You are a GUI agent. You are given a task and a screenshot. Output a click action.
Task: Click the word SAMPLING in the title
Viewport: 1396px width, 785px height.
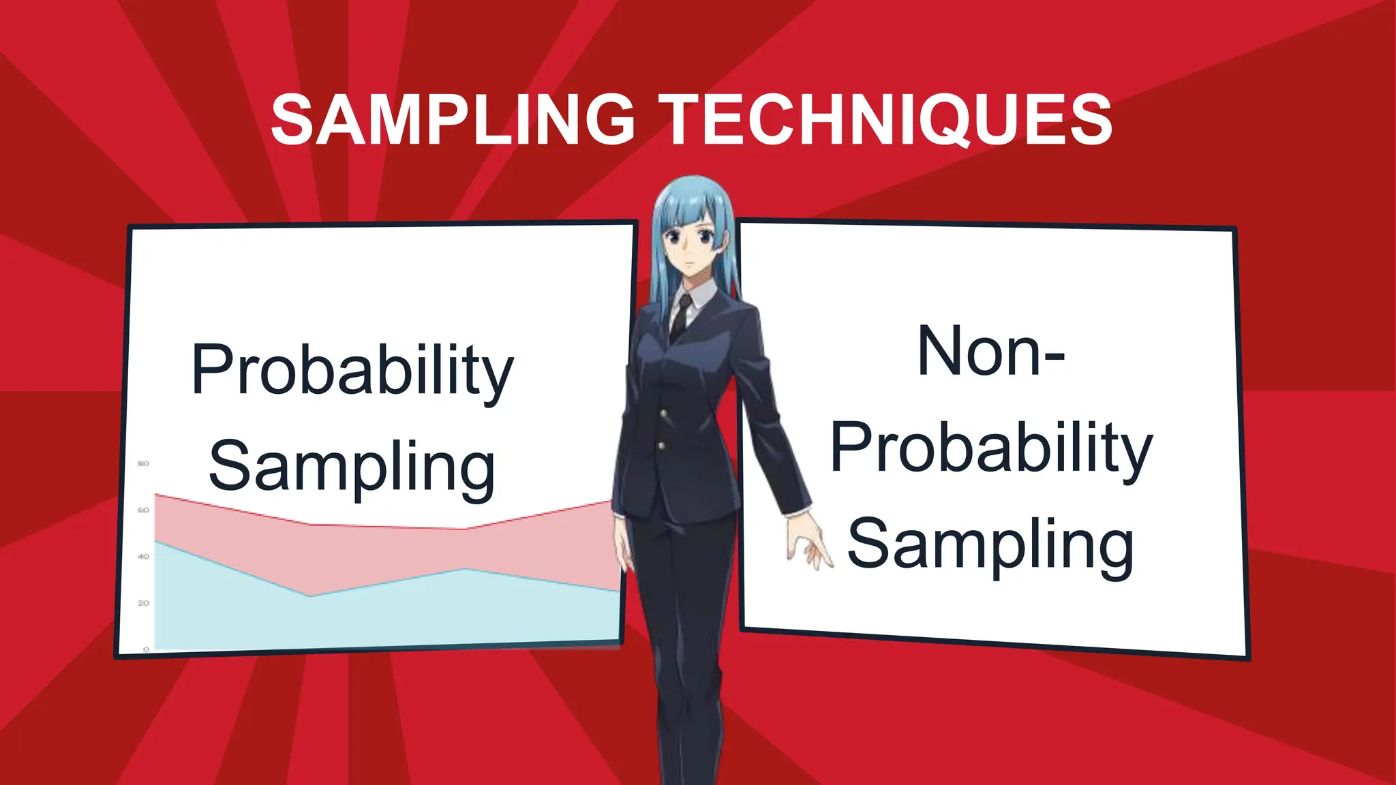click(453, 120)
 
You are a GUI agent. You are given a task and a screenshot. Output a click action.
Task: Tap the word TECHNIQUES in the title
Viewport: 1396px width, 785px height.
click(887, 120)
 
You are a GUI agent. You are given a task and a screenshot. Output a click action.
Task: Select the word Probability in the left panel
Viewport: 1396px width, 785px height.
click(352, 370)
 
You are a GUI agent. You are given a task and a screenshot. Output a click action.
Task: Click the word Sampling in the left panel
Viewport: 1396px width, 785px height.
click(352, 467)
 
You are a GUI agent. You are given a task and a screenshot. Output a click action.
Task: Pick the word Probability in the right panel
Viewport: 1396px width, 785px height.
click(991, 448)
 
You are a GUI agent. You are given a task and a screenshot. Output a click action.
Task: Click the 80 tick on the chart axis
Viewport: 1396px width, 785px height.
click(143, 463)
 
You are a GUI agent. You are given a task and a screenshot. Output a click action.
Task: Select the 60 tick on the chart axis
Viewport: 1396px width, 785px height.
click(143, 510)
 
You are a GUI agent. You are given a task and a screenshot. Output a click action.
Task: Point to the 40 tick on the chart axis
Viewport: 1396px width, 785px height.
click(143, 557)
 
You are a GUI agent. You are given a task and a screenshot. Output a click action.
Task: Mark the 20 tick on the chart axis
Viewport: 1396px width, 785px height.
click(143, 603)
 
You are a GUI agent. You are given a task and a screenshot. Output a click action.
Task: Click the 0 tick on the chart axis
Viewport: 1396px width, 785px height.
click(146, 649)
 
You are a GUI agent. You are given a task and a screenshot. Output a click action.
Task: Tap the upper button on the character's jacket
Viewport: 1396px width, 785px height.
click(663, 413)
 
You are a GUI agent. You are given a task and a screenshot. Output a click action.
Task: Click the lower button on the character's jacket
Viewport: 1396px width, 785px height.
click(661, 446)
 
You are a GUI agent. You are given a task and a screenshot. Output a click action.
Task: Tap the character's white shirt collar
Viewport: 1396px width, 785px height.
click(702, 296)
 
